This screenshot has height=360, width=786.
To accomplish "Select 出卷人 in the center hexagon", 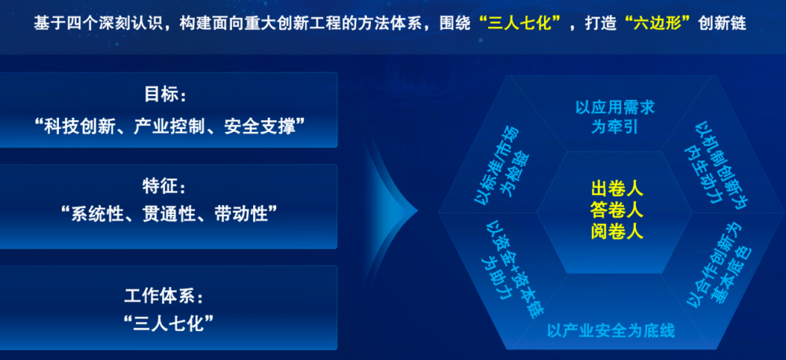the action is click(617, 189).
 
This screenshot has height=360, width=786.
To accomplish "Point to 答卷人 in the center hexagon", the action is click(617, 211).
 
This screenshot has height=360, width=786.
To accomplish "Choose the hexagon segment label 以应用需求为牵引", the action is click(615, 117).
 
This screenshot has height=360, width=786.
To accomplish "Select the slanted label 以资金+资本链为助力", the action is click(510, 270).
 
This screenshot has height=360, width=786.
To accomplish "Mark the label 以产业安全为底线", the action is click(611, 330).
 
